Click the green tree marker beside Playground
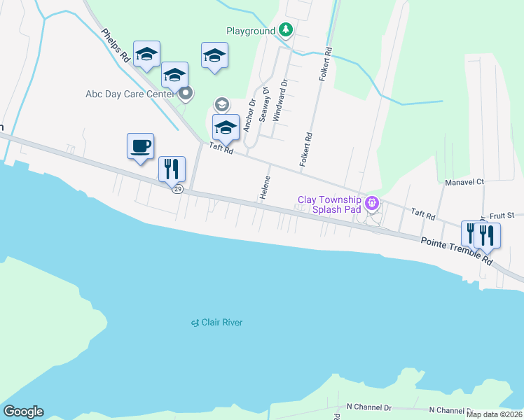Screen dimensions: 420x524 [285, 29]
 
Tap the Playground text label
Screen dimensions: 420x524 [250, 31]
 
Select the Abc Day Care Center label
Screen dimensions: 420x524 [130, 94]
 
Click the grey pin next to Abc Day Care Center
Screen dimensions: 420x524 [186, 92]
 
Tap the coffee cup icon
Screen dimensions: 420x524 [140, 146]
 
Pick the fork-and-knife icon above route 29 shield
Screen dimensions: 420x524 [172, 169]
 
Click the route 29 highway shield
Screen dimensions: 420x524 [179, 190]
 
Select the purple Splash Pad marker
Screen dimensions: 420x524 [372, 204]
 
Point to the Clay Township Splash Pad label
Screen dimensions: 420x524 [329, 204]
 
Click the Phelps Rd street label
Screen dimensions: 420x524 [116, 46]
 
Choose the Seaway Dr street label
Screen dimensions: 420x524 [265, 105]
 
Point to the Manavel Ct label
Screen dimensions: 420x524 [464, 182]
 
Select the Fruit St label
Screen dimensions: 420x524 [502, 215]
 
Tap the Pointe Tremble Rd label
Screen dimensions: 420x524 [457, 250]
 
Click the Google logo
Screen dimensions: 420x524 [23, 412]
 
